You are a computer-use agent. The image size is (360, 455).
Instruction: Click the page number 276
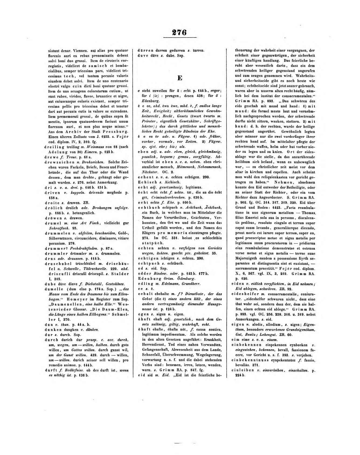180,32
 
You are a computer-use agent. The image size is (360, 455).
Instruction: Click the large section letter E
180,78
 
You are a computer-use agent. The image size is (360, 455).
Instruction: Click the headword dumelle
53,289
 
